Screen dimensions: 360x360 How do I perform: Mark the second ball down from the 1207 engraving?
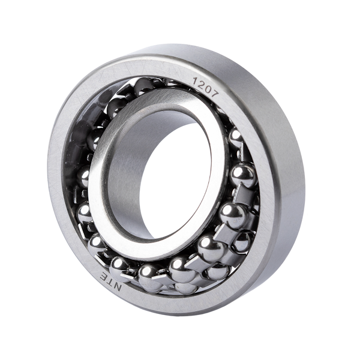241,175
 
